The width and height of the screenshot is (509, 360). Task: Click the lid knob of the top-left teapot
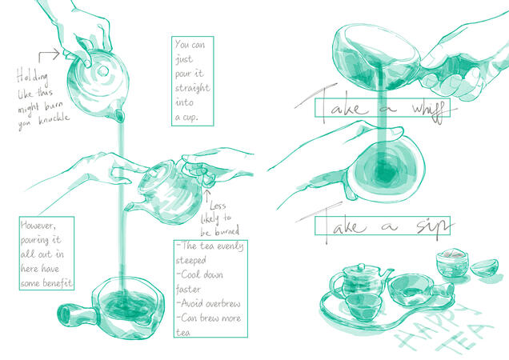102,70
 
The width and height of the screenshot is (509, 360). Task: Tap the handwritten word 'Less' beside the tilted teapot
217,206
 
